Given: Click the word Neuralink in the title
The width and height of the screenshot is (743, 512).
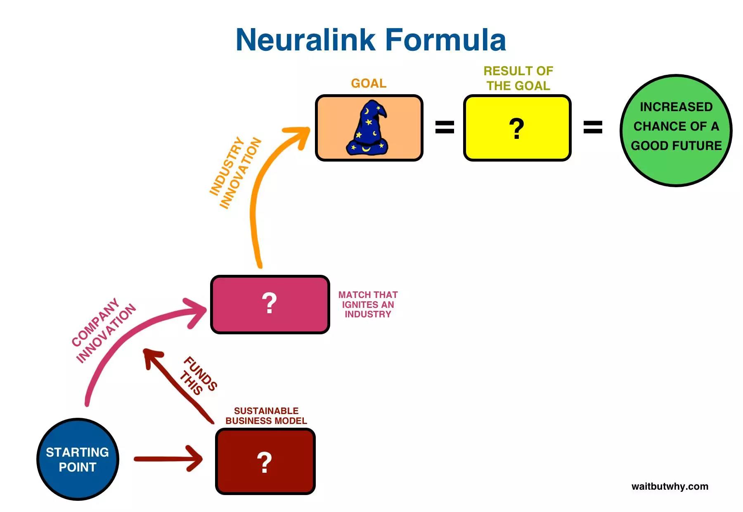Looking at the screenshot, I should [305, 40].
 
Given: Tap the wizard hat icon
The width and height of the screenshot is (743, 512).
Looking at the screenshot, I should [368, 128].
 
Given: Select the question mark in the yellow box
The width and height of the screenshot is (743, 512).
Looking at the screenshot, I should [516, 129].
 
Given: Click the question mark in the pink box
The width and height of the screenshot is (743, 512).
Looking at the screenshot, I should [269, 303].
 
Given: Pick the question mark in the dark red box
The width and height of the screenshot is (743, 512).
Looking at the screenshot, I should [264, 462].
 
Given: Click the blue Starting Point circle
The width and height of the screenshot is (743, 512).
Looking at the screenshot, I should [78, 460].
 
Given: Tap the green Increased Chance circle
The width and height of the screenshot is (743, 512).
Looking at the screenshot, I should [676, 130].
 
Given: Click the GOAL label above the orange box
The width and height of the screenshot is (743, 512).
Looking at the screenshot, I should [369, 83].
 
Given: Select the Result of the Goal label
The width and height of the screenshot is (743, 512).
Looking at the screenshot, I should [518, 79].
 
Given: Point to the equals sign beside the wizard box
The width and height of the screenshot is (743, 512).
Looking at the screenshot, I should [445, 127].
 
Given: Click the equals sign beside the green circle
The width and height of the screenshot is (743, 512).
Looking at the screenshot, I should [592, 127].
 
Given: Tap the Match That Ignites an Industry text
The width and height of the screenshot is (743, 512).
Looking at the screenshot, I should [368, 305].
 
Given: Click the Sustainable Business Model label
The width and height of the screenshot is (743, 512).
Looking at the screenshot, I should [266, 416].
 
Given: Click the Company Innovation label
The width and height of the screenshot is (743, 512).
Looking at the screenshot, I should [103, 331].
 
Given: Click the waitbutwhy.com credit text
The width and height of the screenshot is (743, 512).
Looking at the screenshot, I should [670, 486].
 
